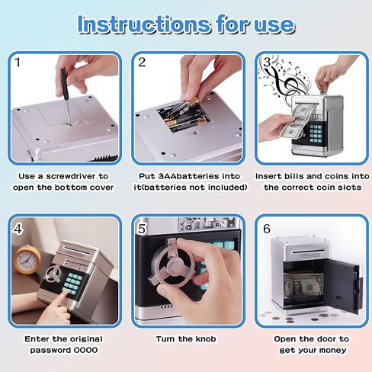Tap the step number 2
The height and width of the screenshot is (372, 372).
(141, 63)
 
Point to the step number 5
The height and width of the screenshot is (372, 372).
(141, 226)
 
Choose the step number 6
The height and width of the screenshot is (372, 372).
(265, 226)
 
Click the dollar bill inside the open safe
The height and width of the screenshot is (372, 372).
(300, 287)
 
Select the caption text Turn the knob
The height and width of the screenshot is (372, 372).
(185, 338)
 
